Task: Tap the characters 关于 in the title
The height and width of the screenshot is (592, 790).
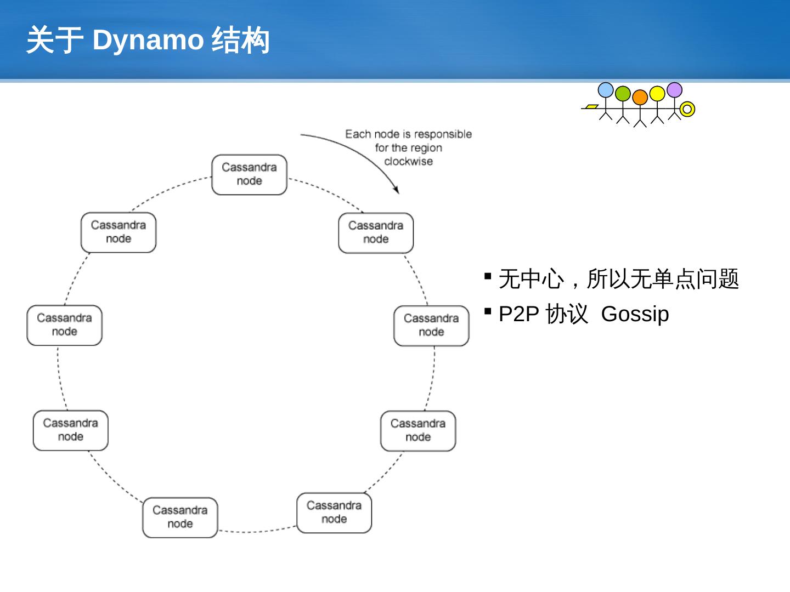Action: click(54, 40)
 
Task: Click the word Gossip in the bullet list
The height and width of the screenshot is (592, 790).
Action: click(635, 314)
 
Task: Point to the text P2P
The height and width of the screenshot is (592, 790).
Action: click(518, 314)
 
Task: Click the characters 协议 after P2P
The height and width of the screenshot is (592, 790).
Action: click(567, 314)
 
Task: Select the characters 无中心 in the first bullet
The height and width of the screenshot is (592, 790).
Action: click(531, 279)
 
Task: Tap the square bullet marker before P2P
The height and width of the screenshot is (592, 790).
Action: click(488, 311)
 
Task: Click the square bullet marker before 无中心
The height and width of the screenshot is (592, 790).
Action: click(488, 276)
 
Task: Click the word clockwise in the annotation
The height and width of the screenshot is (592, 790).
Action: click(408, 162)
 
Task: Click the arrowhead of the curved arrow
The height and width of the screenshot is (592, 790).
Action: click(397, 190)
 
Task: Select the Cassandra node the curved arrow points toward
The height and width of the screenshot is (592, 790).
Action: click(376, 233)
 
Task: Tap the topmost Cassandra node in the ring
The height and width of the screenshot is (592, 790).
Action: click(249, 174)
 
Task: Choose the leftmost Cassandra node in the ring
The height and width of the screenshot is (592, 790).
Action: click(64, 325)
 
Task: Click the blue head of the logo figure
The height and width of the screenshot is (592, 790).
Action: click(606, 90)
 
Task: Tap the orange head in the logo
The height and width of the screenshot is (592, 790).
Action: click(640, 98)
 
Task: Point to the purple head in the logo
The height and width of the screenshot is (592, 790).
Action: click(674, 90)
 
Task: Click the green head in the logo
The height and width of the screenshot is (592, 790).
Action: click(623, 94)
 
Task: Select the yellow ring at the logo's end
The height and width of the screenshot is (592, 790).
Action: click(687, 109)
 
